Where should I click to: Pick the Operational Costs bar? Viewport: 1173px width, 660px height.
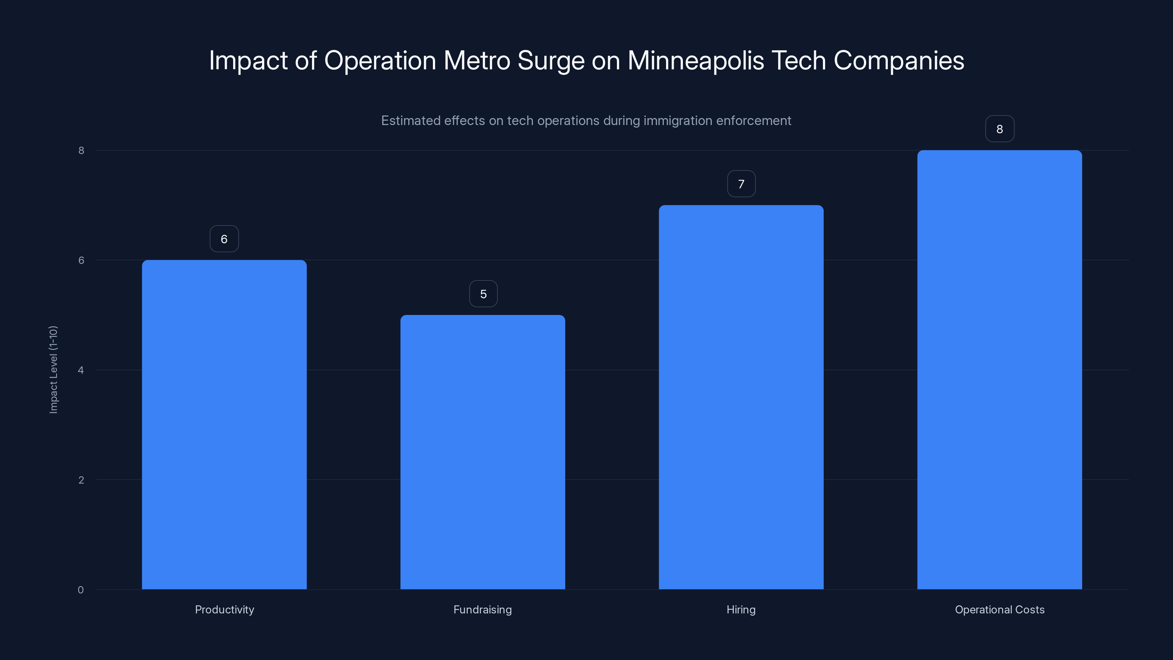(1000, 369)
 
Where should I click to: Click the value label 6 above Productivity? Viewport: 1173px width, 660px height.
(224, 239)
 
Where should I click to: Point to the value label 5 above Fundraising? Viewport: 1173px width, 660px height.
(483, 294)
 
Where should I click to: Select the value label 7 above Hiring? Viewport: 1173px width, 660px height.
(741, 184)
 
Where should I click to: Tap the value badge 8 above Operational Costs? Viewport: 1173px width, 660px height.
(1000, 129)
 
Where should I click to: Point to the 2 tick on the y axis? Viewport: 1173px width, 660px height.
(81, 480)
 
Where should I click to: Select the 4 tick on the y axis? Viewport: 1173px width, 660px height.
(81, 370)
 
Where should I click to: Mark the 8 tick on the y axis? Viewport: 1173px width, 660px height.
(81, 150)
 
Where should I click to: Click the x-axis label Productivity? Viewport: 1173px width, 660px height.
(224, 609)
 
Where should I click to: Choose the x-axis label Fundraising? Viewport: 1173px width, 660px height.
(483, 609)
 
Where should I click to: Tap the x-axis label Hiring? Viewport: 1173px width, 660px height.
(741, 609)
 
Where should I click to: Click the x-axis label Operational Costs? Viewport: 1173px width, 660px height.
(1000, 609)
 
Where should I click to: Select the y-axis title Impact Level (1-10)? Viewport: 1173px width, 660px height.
(53, 369)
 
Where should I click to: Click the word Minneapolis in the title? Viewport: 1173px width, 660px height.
(696, 60)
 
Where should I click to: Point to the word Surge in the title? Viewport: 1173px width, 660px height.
(551, 60)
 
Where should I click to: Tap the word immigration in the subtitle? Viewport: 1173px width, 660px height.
(677, 121)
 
